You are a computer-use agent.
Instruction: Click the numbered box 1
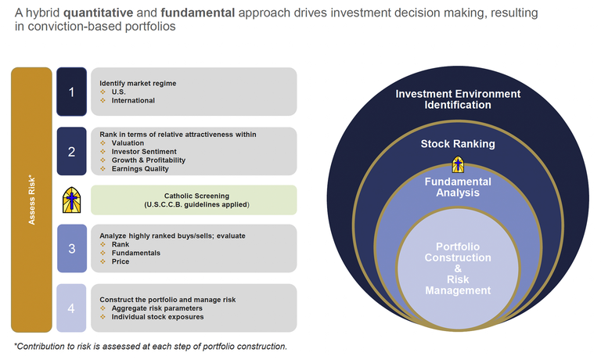coord(71,92)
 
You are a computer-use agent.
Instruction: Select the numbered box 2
coord(71,151)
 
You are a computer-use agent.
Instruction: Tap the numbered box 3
coord(71,249)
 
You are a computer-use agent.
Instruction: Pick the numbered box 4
coord(71,308)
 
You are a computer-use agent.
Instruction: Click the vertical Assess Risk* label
coord(32,200)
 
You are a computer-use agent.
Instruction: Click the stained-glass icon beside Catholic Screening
coord(72,200)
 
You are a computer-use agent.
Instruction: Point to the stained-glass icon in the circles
coord(458,165)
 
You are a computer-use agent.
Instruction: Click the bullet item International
coord(133,100)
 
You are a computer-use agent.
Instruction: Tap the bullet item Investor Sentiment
coord(144,151)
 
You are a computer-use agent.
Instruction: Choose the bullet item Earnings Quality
coord(141,168)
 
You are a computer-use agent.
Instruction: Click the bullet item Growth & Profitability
coord(149,160)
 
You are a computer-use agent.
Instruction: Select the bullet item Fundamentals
coord(136,253)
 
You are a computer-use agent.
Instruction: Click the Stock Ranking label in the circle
coord(458,144)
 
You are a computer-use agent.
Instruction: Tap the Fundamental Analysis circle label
coord(458,188)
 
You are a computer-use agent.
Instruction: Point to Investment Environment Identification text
coord(458,99)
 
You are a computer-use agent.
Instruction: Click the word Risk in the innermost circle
coord(458,279)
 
